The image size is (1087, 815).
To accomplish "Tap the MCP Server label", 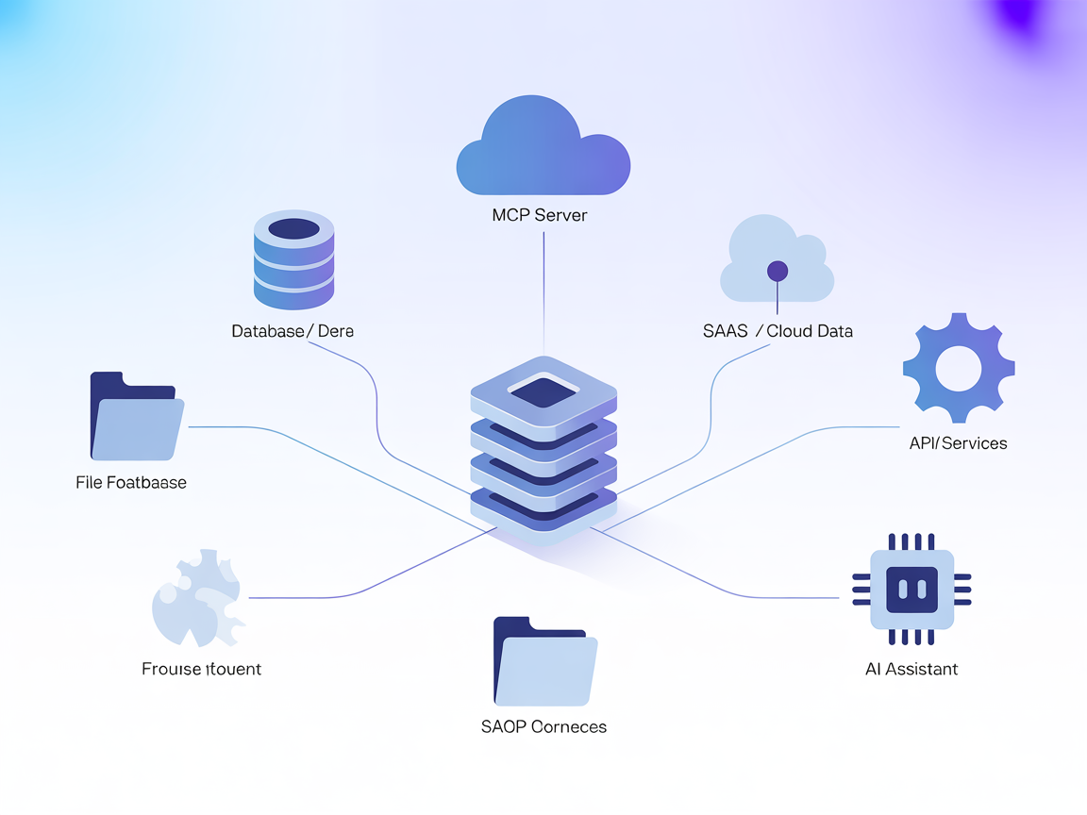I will [x=540, y=215].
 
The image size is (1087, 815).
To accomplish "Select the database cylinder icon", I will [x=294, y=259].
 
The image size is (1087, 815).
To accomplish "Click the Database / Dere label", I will [x=293, y=331].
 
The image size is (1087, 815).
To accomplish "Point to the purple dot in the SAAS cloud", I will [x=778, y=272].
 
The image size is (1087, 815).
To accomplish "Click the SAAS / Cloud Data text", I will [x=778, y=331].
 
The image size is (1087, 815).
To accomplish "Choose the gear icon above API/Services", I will [x=959, y=369].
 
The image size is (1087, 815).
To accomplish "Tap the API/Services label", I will [x=958, y=443].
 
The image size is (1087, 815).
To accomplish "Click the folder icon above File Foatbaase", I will [x=135, y=417].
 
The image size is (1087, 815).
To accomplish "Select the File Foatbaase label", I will [x=131, y=483].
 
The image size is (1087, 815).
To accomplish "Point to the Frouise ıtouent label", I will [x=201, y=670].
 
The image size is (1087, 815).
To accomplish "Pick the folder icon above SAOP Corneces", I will [x=544, y=662].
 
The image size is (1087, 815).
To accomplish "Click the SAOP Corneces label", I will [x=543, y=727].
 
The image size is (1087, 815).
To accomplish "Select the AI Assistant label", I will [x=911, y=670].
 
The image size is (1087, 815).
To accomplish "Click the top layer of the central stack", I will [x=543, y=391].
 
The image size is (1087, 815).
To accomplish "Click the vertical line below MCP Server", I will [x=543, y=283].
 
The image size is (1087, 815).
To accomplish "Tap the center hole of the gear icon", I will [x=959, y=369].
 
